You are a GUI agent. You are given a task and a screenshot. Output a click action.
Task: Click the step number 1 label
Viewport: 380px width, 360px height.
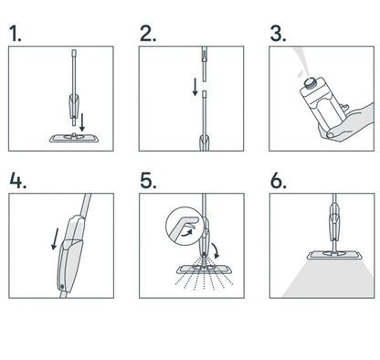point(16,34)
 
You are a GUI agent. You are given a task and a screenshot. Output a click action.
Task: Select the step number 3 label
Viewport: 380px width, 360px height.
point(279,34)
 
